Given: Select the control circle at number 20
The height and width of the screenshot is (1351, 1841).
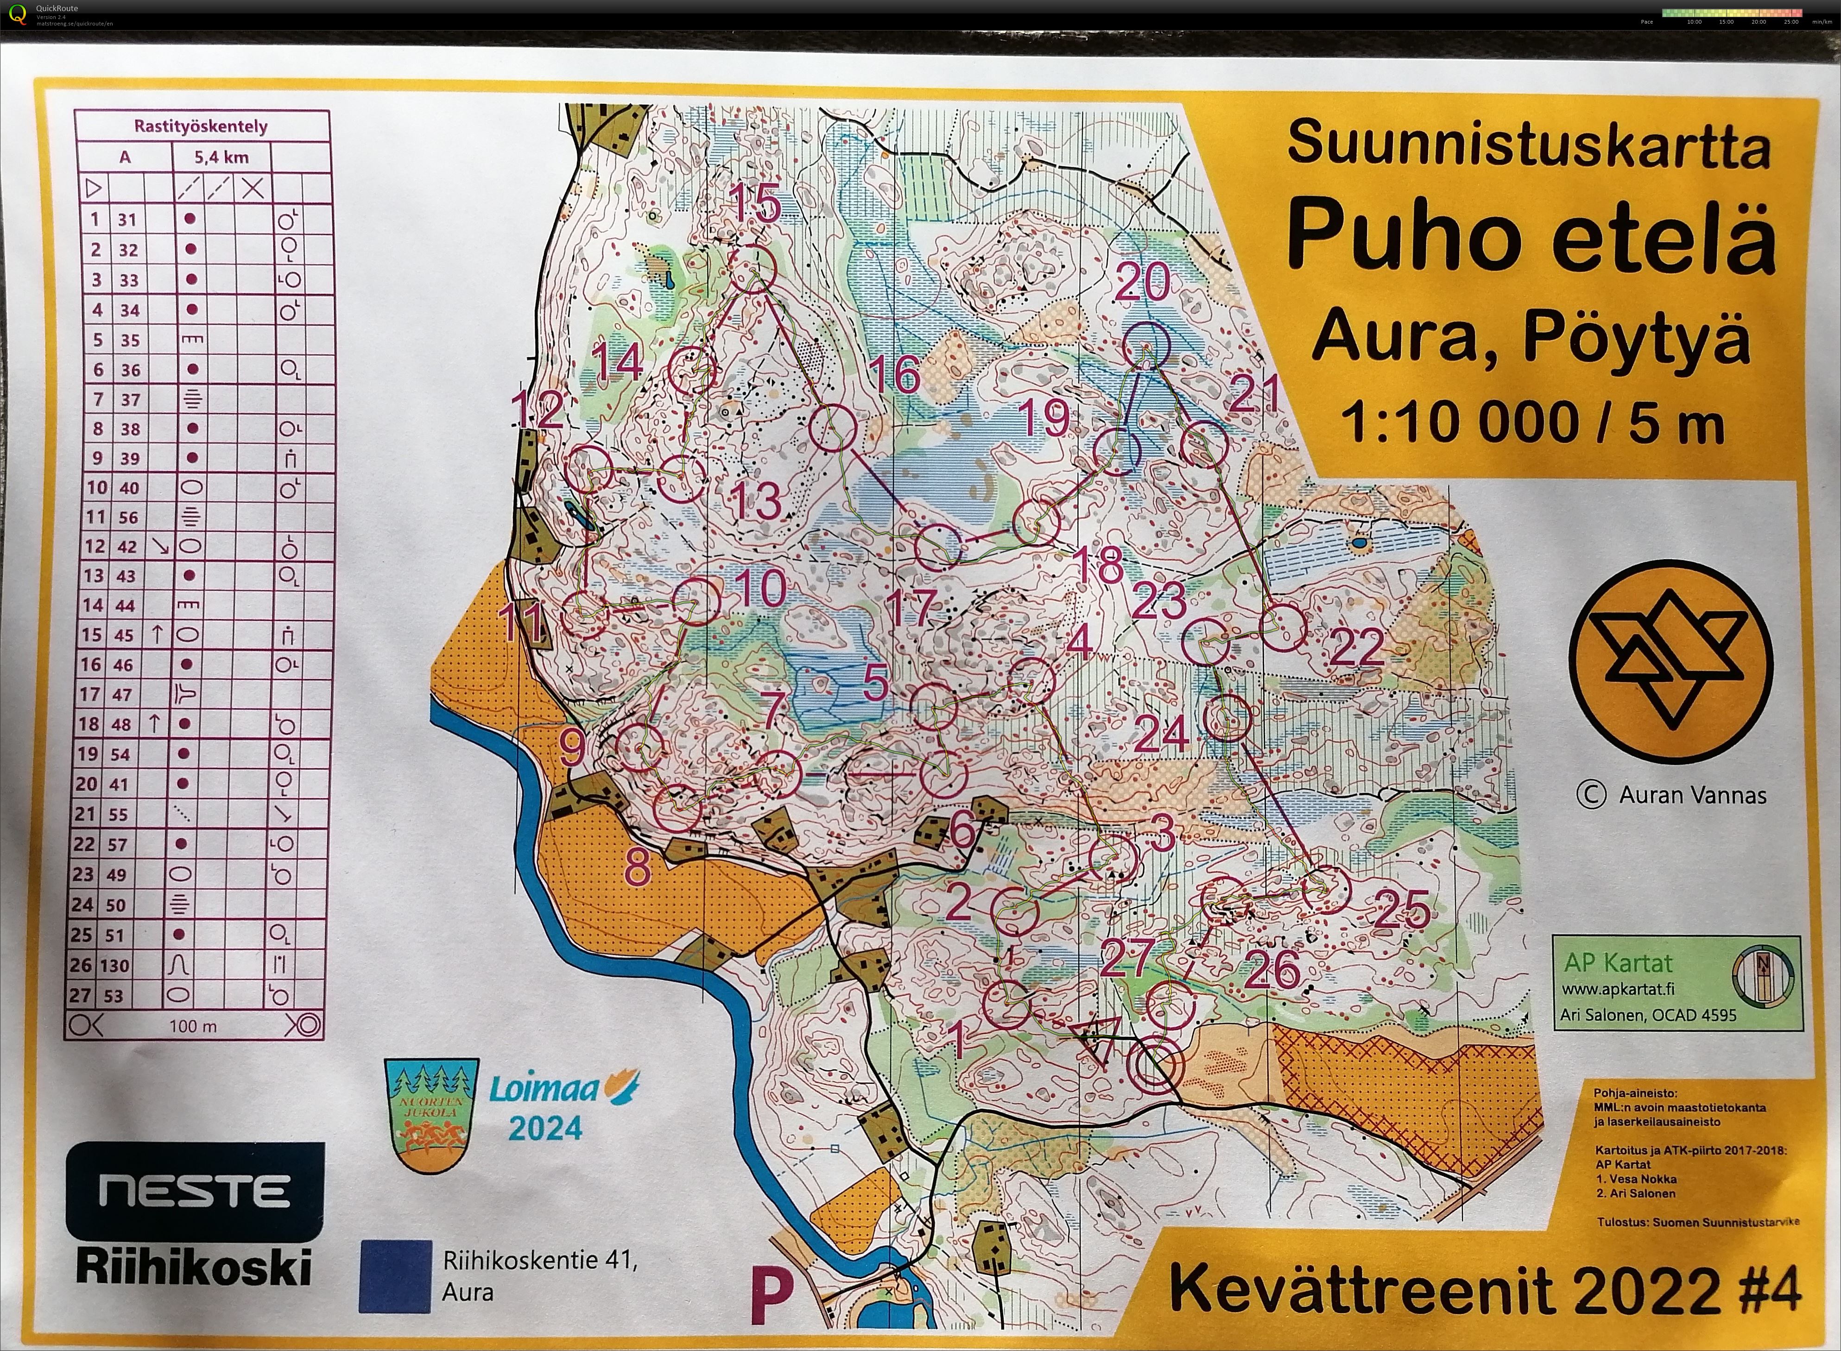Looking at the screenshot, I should (x=1146, y=346).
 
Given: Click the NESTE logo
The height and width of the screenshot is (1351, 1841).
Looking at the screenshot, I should (x=195, y=1191).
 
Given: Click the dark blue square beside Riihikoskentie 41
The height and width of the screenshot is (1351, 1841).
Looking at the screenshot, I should (x=395, y=1276).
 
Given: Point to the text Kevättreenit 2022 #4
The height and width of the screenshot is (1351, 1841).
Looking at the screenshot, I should (x=1484, y=1290).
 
